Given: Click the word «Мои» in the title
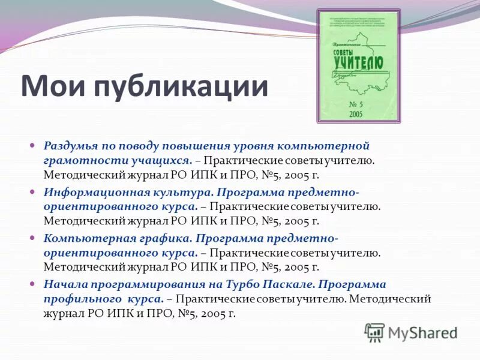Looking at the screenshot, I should click(53, 86).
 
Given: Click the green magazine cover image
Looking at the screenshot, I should click(358, 66).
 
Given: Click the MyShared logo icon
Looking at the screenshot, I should click(374, 331).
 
